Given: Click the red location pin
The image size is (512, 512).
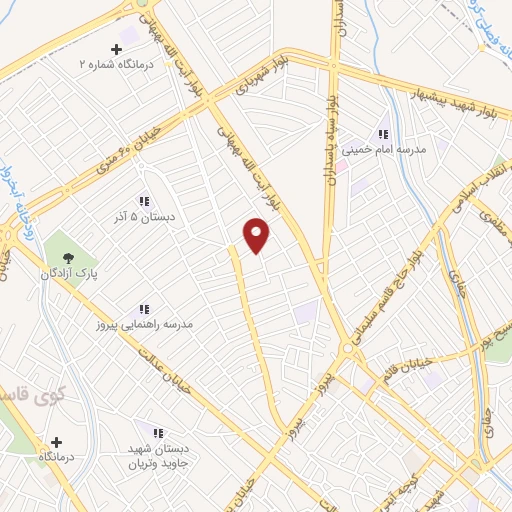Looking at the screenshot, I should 257,235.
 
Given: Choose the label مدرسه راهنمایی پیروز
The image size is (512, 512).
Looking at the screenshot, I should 150,325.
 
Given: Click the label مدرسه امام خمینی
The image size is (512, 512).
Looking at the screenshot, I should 384,148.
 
